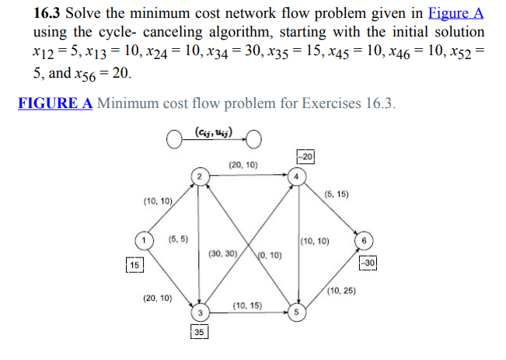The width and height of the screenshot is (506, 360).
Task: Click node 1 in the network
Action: [143, 239]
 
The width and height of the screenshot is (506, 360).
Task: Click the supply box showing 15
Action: [135, 265]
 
